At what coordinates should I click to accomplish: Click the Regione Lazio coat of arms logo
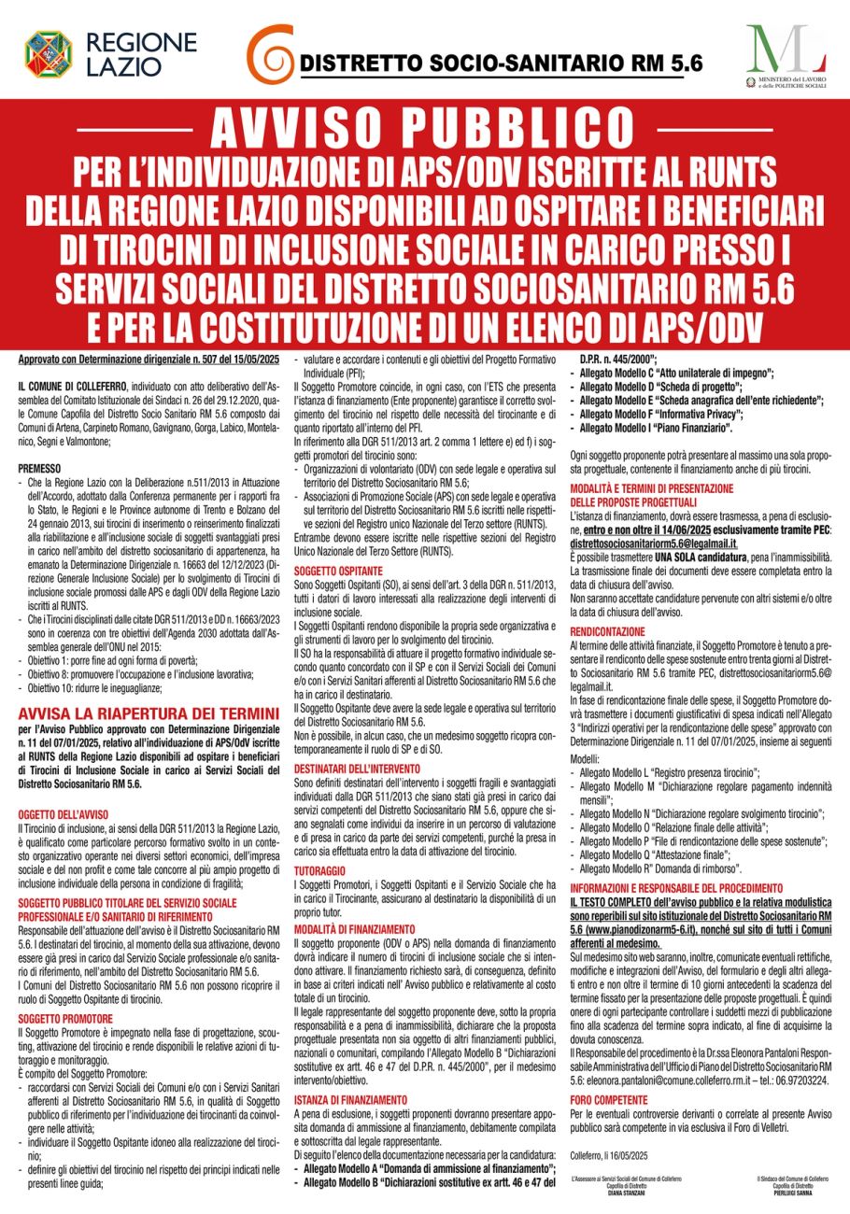coord(48,53)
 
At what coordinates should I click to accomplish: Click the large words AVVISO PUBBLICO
coord(424,130)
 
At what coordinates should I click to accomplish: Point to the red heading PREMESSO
coord(39,467)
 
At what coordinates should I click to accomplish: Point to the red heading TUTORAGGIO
coord(320,869)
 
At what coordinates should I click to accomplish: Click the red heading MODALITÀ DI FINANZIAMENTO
coord(354,929)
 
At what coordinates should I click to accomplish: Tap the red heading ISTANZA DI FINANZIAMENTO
coord(350,1100)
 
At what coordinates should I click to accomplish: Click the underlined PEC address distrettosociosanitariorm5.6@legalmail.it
coord(654,543)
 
